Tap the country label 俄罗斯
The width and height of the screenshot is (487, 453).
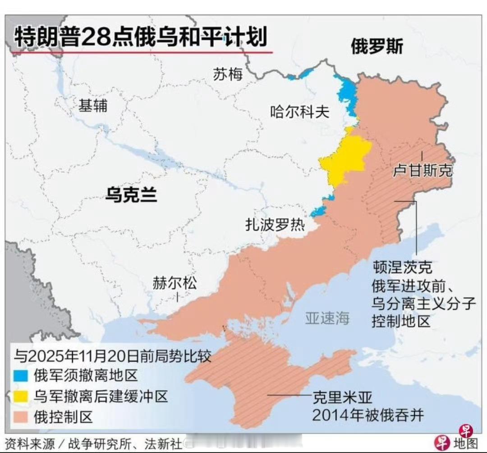[x=377, y=46]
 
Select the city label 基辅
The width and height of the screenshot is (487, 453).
[x=93, y=106]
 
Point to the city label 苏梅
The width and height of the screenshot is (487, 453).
[x=228, y=74]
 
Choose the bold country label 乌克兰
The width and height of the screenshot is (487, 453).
[x=131, y=195]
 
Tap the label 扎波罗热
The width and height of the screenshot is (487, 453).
[x=275, y=224]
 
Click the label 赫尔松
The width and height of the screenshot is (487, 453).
[x=175, y=284]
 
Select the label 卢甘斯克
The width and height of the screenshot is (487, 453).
[x=423, y=170]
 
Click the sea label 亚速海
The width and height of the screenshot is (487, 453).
[x=327, y=318]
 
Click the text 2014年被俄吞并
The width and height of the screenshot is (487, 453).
[x=368, y=415]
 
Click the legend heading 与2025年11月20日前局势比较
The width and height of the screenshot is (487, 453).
[x=113, y=356]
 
